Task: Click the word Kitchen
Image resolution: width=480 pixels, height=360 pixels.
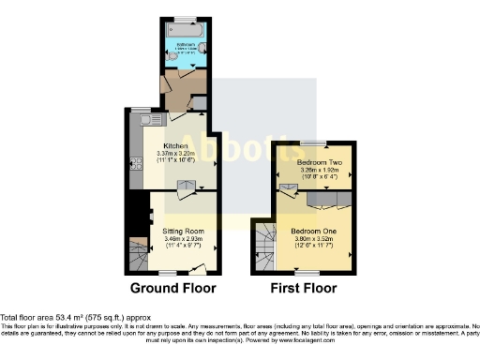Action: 177,146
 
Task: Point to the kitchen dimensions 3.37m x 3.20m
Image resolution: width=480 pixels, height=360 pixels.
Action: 177,155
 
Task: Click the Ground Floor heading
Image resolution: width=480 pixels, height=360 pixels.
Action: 172,287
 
